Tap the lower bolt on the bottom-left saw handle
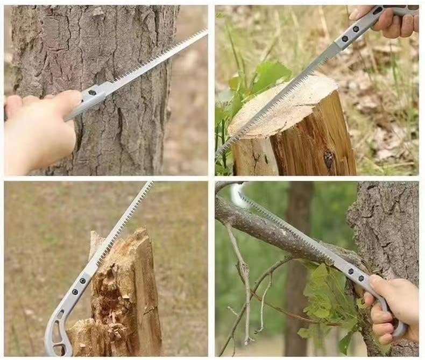coord(75,293)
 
